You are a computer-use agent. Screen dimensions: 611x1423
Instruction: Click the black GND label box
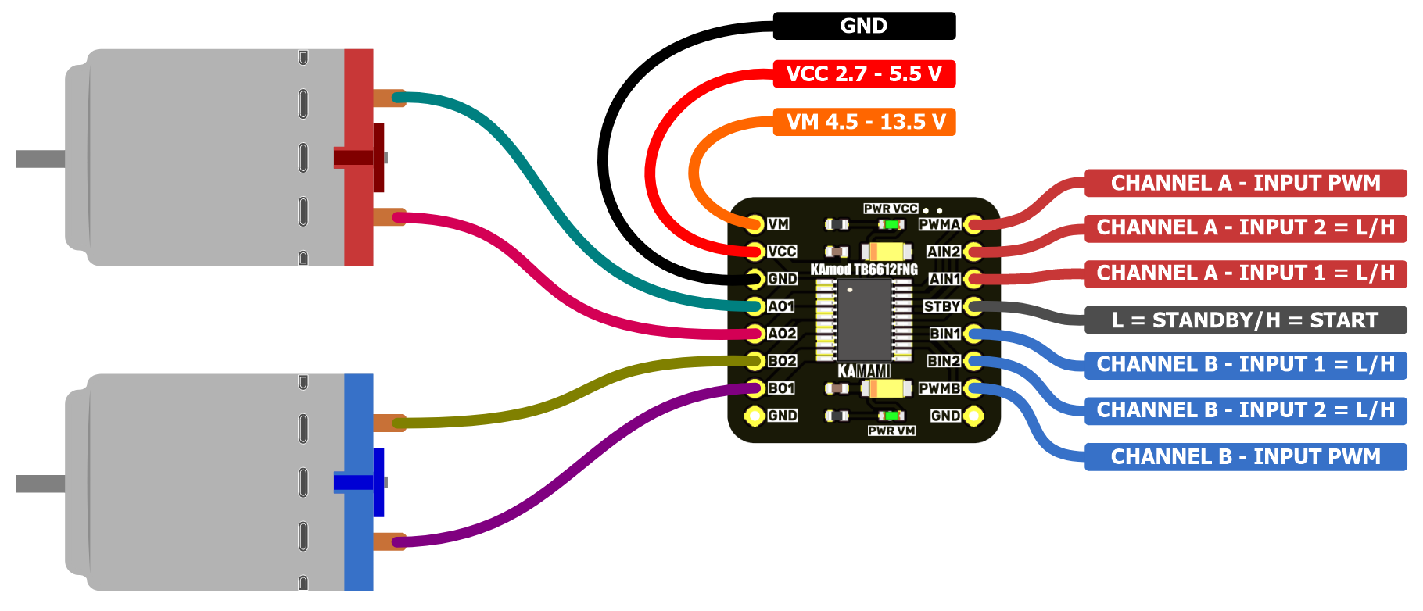pos(864,26)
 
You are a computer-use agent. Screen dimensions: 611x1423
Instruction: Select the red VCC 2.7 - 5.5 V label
pos(864,74)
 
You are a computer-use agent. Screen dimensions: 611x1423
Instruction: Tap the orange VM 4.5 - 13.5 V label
pos(864,122)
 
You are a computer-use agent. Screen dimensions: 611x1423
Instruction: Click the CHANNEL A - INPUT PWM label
pos(1246,183)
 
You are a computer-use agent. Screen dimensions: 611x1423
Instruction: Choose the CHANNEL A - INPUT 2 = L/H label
pos(1246,227)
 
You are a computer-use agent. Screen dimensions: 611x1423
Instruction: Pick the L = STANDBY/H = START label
pos(1246,320)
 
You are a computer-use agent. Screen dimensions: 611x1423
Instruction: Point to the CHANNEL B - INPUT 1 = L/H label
pos(1246,364)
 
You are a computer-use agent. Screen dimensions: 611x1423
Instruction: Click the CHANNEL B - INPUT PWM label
pos(1246,456)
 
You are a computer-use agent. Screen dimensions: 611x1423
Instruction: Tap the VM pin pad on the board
pos(755,224)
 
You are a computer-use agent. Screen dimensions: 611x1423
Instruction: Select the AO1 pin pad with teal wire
pos(755,306)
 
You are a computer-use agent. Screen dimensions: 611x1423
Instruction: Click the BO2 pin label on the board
pos(782,361)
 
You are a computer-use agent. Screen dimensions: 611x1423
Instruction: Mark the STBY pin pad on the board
pos(973,306)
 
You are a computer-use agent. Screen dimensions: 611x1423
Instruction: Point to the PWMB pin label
pos(939,388)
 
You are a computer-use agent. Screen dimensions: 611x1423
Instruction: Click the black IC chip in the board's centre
pos(864,320)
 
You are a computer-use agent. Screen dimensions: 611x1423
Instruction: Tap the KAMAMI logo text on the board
pos(864,370)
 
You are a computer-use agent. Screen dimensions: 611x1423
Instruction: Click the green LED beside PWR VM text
pos(891,416)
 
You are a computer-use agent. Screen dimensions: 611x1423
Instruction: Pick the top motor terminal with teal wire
pos(389,98)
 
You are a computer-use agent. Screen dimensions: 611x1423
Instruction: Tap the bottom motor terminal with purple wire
pos(389,541)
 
